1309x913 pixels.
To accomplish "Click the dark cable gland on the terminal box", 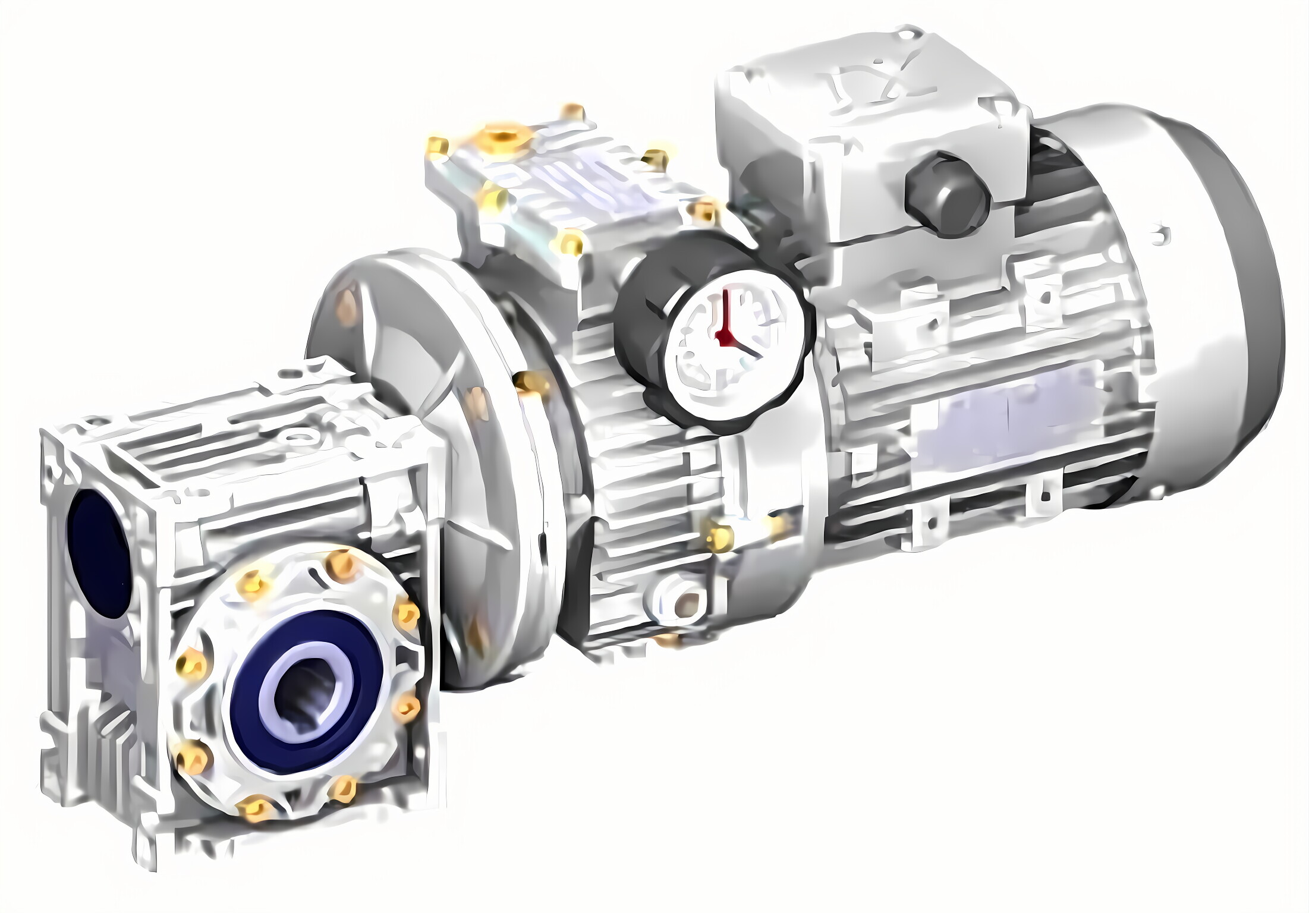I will pyautogui.click(x=946, y=194).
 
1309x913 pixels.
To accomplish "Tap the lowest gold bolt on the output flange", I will pyautogui.click(x=256, y=808).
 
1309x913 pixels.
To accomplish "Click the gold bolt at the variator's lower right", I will pyautogui.click(x=719, y=538).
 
